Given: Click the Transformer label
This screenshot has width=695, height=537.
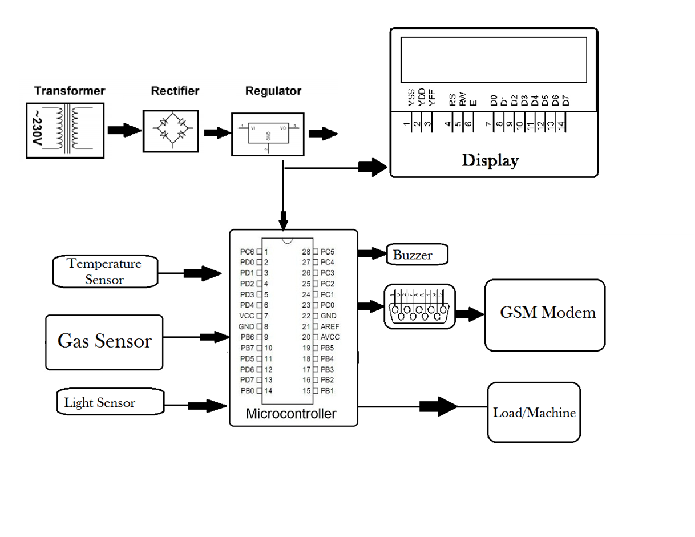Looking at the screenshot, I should pos(70,91).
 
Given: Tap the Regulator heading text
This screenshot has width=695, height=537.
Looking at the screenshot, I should pos(273,91).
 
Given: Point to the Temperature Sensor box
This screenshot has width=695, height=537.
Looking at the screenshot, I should pos(104,272).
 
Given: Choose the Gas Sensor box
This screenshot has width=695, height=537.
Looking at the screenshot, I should pos(104,341).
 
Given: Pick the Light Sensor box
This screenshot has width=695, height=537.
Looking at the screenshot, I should pos(100,402).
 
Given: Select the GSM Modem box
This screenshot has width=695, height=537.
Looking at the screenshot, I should pos(544,314).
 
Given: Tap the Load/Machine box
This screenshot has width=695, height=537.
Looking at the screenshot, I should pos(534,412).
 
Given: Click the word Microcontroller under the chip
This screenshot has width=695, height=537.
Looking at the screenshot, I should pos(291,414).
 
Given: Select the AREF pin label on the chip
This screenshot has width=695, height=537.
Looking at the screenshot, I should pos(330,326).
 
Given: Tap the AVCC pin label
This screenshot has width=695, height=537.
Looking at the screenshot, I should pos(330,337).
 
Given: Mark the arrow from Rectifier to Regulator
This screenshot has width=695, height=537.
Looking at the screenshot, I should pos(217,133).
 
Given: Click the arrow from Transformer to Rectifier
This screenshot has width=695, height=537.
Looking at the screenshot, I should pos(124,131).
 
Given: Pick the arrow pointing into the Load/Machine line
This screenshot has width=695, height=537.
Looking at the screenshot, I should pos(438,406).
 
